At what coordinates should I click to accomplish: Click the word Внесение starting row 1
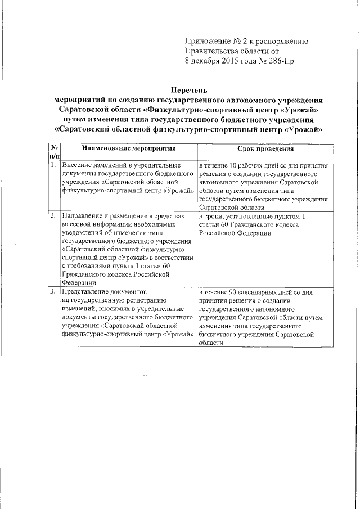(x=79, y=166)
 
